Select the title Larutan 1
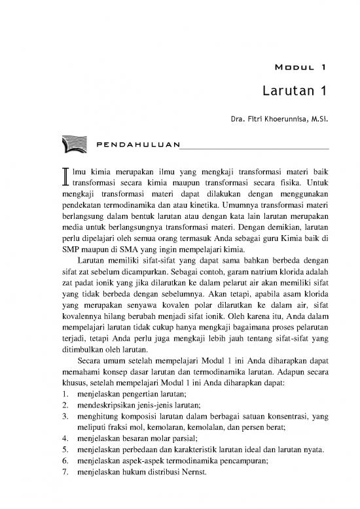pyautogui.click(x=293, y=91)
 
